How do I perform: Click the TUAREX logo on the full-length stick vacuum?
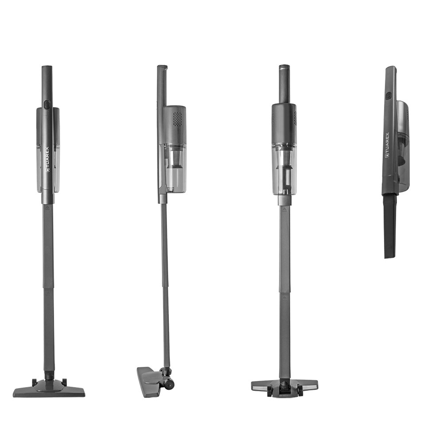coord(47,159)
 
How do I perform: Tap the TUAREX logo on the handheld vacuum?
coord(387,145)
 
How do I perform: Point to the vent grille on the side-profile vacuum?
coord(178,119)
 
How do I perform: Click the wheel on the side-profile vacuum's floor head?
coord(170,385)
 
